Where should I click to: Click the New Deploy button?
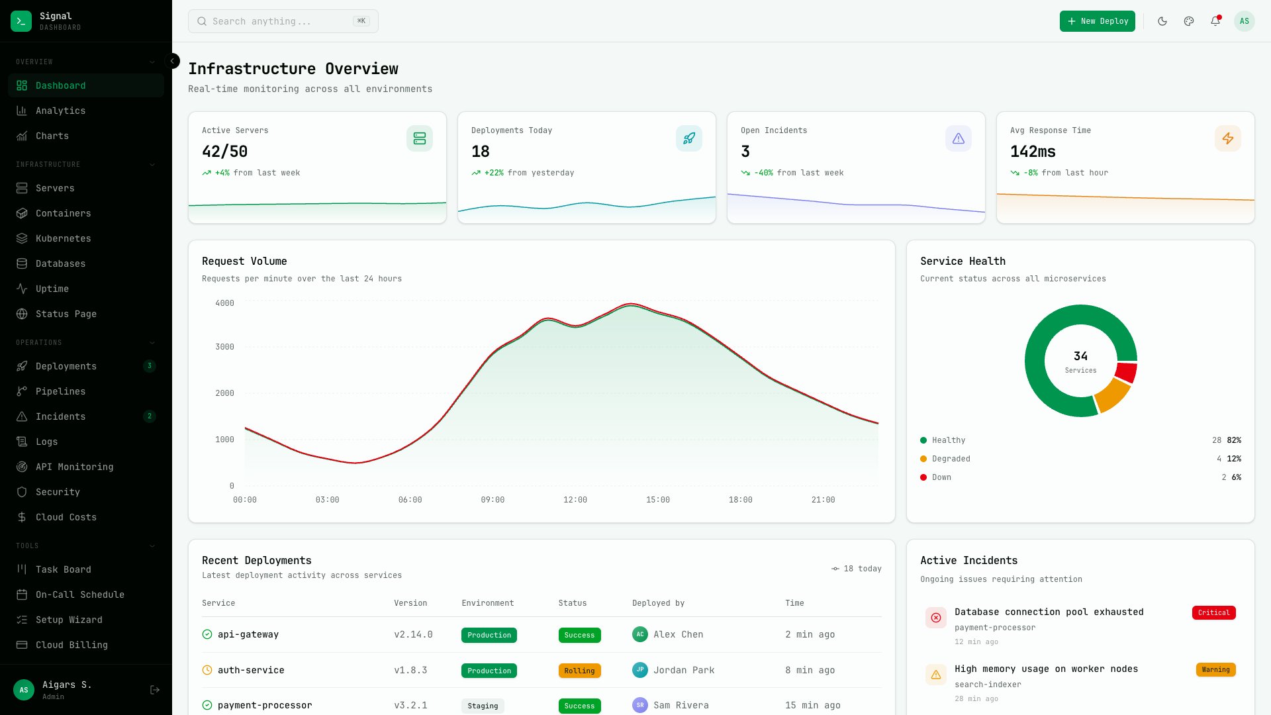(1097, 21)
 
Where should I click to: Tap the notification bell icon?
(1215, 21)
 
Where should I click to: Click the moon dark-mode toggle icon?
(1162, 21)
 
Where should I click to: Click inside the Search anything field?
(278, 21)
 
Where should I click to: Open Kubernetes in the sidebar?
(64, 238)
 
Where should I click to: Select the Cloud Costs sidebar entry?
(66, 517)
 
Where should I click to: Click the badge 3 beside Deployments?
(150, 366)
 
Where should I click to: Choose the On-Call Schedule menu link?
(80, 595)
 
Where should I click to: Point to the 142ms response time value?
(1033, 152)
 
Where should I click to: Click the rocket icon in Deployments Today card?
(689, 138)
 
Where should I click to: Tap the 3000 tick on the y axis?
(224, 347)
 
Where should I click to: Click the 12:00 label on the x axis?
(575, 500)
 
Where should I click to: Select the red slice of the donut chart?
(1126, 372)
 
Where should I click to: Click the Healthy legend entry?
(948, 440)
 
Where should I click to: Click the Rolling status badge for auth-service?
(579, 671)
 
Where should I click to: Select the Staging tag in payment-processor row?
(483, 706)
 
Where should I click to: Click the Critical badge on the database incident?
(1213, 612)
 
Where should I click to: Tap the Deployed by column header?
(658, 603)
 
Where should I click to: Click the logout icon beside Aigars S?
(155, 690)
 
